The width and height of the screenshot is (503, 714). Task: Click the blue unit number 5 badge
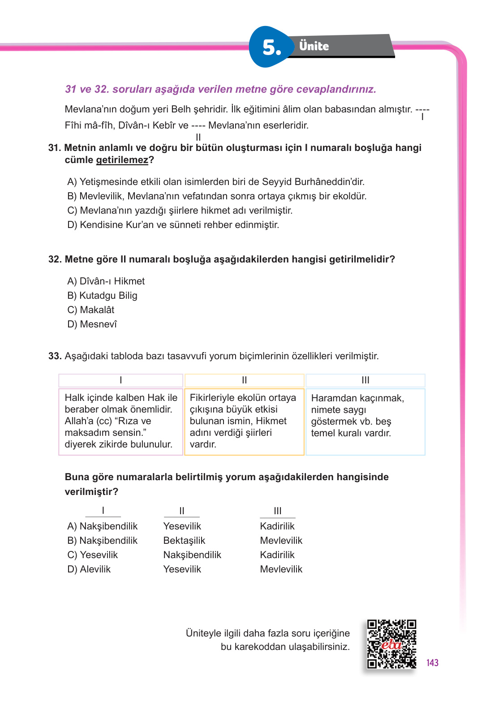click(x=271, y=47)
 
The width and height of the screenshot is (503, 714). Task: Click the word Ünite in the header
click(x=314, y=46)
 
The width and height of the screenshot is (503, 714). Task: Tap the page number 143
click(x=432, y=662)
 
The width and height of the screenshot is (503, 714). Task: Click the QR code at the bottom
click(x=391, y=644)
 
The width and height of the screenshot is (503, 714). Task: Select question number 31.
click(x=54, y=148)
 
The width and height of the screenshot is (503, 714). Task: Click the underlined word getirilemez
click(x=122, y=160)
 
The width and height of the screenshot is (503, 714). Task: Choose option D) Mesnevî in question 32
click(x=92, y=324)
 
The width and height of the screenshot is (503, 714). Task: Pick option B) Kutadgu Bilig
click(x=102, y=296)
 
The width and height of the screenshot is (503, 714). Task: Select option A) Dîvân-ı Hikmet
click(x=106, y=281)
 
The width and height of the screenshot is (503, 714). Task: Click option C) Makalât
click(x=91, y=310)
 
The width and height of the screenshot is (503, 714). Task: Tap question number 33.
click(x=55, y=356)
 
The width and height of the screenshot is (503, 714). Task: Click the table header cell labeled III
click(x=365, y=380)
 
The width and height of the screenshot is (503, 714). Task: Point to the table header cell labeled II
click(x=244, y=380)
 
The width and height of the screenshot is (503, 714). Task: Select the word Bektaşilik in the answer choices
click(x=184, y=541)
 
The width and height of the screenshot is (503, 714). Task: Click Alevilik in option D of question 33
click(x=95, y=569)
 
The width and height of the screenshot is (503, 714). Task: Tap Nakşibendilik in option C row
click(x=192, y=555)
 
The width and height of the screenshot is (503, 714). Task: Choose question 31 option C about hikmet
click(x=180, y=211)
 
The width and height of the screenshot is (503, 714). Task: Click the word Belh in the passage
click(x=181, y=109)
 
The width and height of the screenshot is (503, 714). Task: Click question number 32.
click(x=55, y=259)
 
